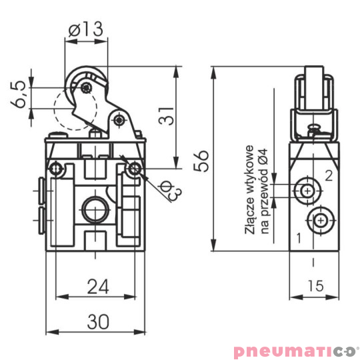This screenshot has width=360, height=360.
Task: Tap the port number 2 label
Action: pyautogui.click(x=328, y=176)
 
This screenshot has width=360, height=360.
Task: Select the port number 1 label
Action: pyautogui.click(x=299, y=237)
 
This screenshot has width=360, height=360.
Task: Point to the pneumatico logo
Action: pyautogui.click(x=296, y=350)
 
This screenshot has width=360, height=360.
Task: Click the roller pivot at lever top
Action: pyautogui.click(x=85, y=87)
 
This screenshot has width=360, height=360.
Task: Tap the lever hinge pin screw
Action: pyautogui.click(x=119, y=120)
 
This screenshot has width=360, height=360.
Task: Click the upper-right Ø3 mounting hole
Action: pyautogui.click(x=136, y=169)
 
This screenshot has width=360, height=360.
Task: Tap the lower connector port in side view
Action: pyautogui.click(x=321, y=219)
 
